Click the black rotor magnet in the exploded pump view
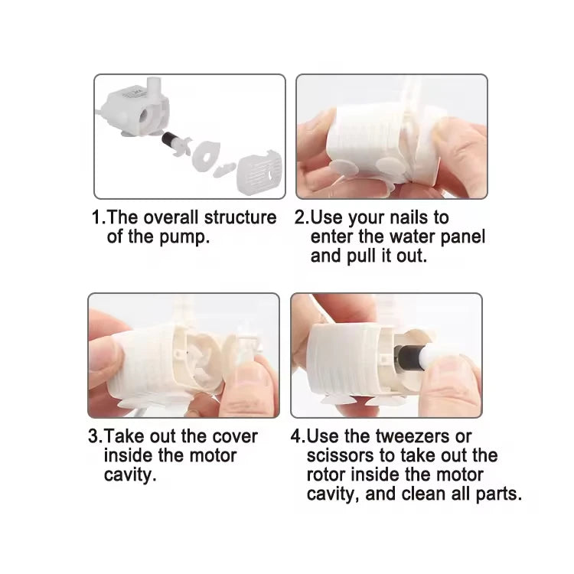(x=169, y=139)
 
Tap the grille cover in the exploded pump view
(x=260, y=172)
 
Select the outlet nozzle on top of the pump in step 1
(x=153, y=88)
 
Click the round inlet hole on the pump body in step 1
(x=144, y=117)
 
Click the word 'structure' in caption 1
(x=240, y=217)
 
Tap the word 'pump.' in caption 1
(x=184, y=237)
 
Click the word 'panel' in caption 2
(x=463, y=237)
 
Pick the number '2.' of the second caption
(x=302, y=217)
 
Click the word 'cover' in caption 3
(x=235, y=436)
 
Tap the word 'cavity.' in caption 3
(x=130, y=475)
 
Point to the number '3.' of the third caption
(x=96, y=436)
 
